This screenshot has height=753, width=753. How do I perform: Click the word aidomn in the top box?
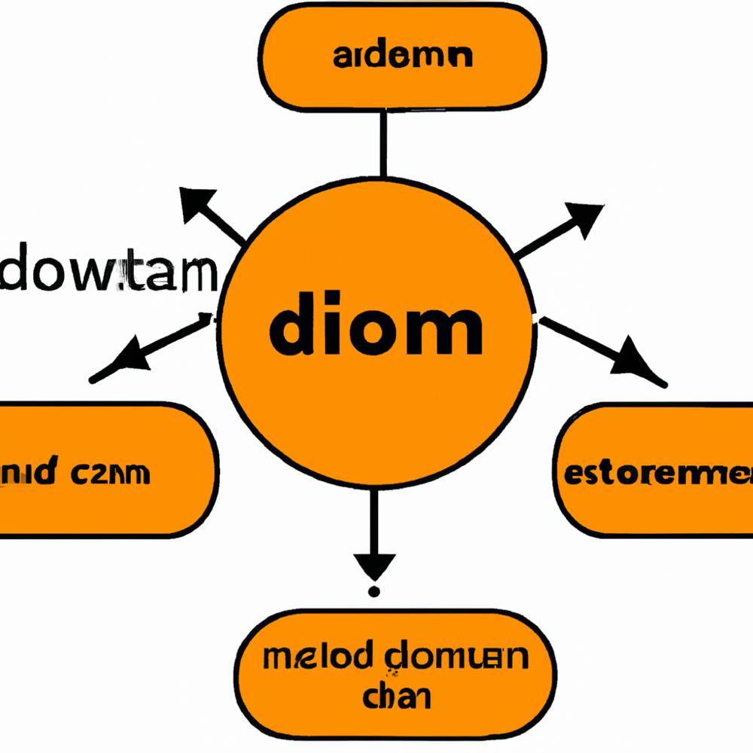(x=402, y=57)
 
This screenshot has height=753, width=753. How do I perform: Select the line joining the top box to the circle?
(x=384, y=143)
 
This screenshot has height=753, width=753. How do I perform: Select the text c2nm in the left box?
(x=111, y=474)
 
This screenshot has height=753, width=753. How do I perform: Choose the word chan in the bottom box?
(x=397, y=696)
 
